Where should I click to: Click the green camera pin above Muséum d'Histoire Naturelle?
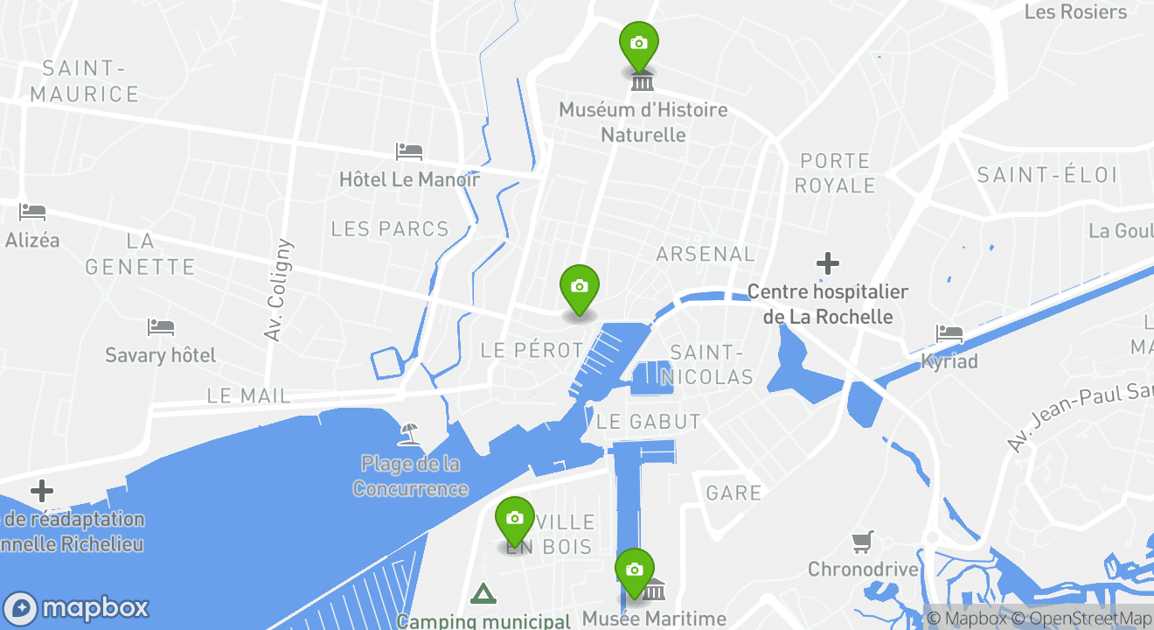[639, 44]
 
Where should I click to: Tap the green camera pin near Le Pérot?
[579, 287]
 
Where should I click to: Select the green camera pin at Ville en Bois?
[515, 519]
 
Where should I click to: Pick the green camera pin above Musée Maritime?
[635, 570]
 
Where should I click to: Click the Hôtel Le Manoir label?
[409, 179]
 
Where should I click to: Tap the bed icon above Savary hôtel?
[161, 327]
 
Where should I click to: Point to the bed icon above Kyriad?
[949, 333]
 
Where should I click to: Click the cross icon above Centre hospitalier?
[828, 262]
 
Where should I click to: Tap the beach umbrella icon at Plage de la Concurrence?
[408, 432]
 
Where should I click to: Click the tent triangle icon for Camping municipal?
[483, 595]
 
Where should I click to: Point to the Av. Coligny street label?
[277, 290]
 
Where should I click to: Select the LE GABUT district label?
[649, 422]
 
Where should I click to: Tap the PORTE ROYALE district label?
[837, 173]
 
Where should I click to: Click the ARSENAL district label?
[706, 254]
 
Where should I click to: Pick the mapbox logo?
[77, 608]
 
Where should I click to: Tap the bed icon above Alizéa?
[32, 212]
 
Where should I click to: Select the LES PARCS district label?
[390, 229]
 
